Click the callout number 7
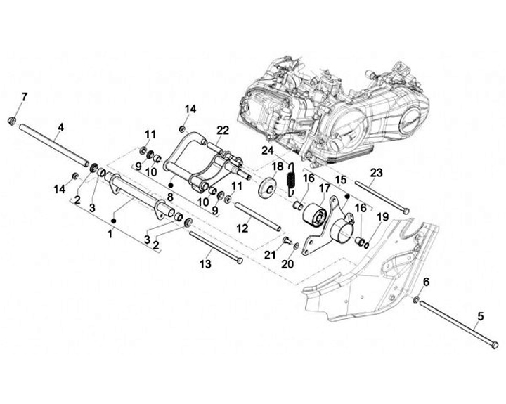point(25,96)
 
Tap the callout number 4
point(61,127)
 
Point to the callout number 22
point(223,131)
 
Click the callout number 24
point(267,150)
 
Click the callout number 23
point(376,173)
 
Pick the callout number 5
point(481,316)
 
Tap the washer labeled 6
point(417,301)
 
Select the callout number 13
point(205,264)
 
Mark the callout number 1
point(110,233)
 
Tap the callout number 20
point(286,264)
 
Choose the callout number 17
point(324,188)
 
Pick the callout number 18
point(278,166)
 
